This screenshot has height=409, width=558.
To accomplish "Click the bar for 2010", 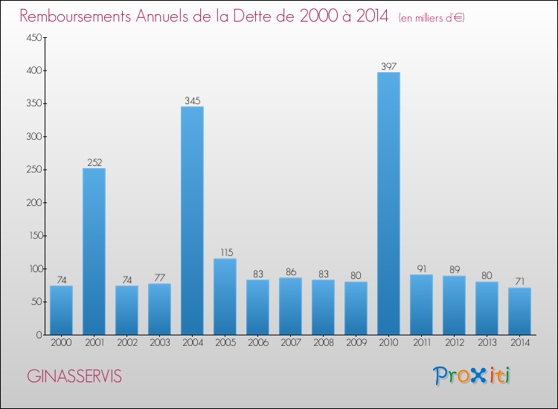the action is pyautogui.click(x=388, y=204).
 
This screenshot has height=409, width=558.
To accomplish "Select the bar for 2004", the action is pyautogui.click(x=192, y=221).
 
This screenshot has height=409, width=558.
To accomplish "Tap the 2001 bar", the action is pyautogui.click(x=94, y=251).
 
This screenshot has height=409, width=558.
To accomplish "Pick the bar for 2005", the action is pyautogui.click(x=225, y=297).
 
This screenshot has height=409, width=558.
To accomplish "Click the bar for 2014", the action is pyautogui.click(x=519, y=311).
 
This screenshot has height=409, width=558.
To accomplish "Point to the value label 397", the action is pyautogui.click(x=388, y=66).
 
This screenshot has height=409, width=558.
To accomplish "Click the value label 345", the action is pyautogui.click(x=192, y=100).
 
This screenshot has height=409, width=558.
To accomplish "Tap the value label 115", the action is pyautogui.click(x=227, y=253).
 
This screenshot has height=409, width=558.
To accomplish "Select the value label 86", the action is pyautogui.click(x=291, y=271).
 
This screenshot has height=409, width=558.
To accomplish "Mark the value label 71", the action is pyautogui.click(x=520, y=282).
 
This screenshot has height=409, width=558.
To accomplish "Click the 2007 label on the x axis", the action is pyautogui.click(x=291, y=342).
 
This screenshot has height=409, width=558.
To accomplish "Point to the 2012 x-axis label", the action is pyautogui.click(x=455, y=342).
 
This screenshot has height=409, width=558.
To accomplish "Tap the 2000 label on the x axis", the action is pyautogui.click(x=61, y=342).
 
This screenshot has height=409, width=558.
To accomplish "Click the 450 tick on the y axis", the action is pyautogui.click(x=34, y=37).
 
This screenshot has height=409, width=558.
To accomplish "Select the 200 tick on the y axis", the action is pyautogui.click(x=34, y=203).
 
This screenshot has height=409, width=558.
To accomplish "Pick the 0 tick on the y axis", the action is pyautogui.click(x=39, y=335).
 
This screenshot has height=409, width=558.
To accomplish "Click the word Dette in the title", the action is pyautogui.click(x=254, y=16).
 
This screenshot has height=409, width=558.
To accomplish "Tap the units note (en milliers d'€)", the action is pyautogui.click(x=432, y=17).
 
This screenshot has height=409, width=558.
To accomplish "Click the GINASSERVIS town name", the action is pyautogui.click(x=74, y=376).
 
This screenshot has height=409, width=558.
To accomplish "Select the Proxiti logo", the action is pyautogui.click(x=472, y=376).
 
